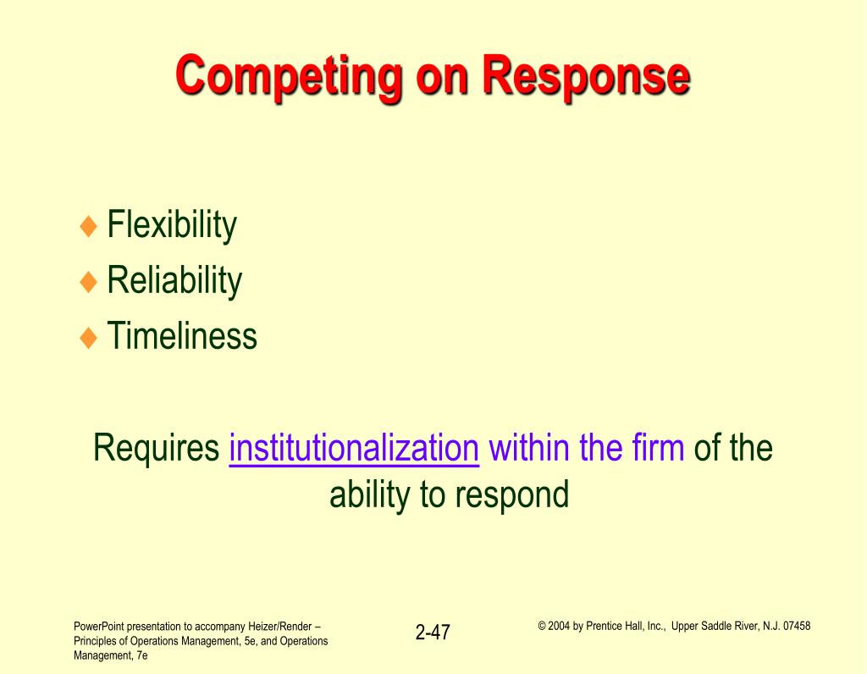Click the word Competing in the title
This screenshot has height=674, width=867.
pos(289,77)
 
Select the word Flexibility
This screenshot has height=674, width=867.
pos(172,225)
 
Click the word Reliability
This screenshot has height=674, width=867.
pos(174,281)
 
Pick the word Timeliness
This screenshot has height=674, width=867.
pos(182,335)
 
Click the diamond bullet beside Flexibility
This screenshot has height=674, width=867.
pos(88,226)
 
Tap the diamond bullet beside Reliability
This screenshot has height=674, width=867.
pos(88,281)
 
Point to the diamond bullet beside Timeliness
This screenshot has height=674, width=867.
pos(88,337)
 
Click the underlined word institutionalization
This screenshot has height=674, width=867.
pos(354,448)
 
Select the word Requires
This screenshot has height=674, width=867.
pos(157,449)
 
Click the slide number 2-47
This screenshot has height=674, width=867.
pos(433,632)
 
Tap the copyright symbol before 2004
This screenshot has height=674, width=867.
pos(542,627)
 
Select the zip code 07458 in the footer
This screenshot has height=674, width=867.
pos(797,626)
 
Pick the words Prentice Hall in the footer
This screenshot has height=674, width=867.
pos(615,626)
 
